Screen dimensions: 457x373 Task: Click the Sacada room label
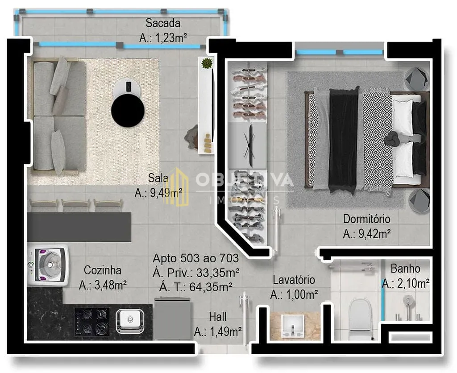[x=163, y=23]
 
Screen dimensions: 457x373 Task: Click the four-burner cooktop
[x=92, y=322]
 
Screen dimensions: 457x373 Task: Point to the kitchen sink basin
[x=130, y=321]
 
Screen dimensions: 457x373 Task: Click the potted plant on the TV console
[x=207, y=63]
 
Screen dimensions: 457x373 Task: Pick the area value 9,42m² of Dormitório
[x=374, y=234]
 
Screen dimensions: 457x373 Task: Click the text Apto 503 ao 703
[x=195, y=258]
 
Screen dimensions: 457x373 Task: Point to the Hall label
[x=218, y=316]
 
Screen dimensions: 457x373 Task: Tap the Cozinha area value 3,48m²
[x=111, y=285]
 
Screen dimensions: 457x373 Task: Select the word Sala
[x=158, y=178]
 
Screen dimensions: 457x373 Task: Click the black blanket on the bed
[x=344, y=140]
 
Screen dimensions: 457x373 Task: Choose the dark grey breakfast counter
[x=79, y=227]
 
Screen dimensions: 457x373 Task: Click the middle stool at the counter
[x=76, y=205]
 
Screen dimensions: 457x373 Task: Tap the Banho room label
[x=405, y=269]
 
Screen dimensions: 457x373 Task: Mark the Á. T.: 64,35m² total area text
[x=195, y=287]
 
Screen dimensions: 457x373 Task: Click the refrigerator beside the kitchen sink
[x=173, y=318]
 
